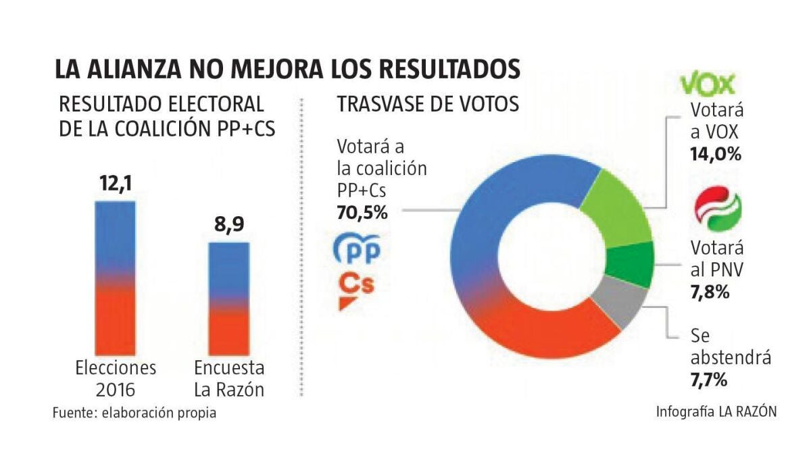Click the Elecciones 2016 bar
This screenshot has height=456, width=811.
tap(115, 277)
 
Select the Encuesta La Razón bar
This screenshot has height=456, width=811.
tap(228, 297)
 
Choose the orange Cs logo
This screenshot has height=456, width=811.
tap(355, 290)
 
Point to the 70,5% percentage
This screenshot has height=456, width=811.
tap(362, 213)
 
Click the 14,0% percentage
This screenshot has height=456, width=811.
tap(716, 153)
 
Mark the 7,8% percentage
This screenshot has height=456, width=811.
tap(709, 293)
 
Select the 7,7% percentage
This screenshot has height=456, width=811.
tap(709, 380)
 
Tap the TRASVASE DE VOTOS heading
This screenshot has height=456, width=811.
tap(428, 105)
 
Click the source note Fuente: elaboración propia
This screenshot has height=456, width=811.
tap(135, 413)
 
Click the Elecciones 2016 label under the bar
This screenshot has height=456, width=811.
tap(116, 378)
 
